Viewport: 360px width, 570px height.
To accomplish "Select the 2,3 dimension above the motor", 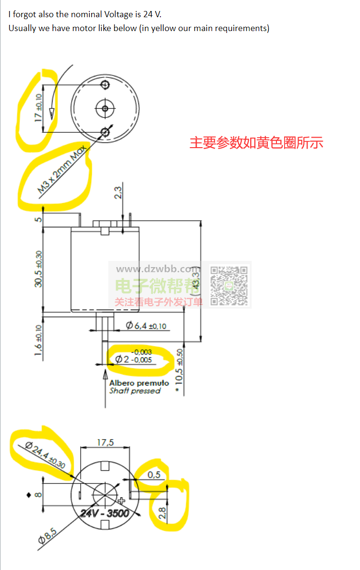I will click(117, 193).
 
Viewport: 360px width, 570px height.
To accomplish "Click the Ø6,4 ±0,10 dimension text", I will click(146, 326).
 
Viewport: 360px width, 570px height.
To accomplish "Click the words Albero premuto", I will click(139, 383).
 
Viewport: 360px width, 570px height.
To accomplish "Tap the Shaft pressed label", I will click(135, 391).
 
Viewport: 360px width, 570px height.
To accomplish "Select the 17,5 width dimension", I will click(105, 442).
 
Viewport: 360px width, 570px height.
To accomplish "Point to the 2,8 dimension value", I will click(162, 514).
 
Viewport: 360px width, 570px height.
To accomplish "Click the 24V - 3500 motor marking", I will click(105, 513).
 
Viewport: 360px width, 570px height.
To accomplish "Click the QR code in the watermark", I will click(230, 286).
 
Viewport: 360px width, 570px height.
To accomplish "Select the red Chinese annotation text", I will click(256, 142).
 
